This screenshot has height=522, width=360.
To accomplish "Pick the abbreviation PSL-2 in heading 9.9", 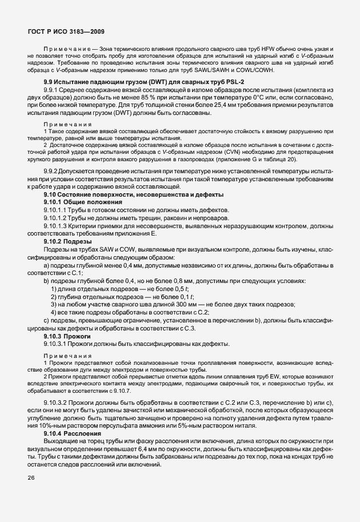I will tap(209, 83).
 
